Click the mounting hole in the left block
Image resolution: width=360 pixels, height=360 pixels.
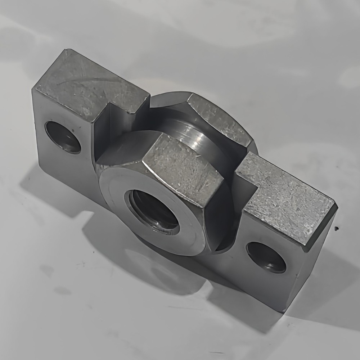coord(63,137)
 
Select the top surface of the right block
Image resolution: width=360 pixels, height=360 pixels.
coord(288,202)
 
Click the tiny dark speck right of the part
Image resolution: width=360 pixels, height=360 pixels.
coord(336,228)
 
